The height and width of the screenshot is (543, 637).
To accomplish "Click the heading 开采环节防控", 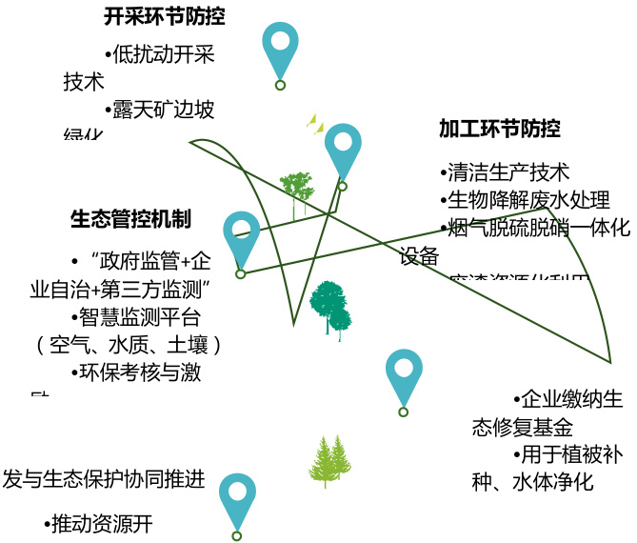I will (x=170, y=16).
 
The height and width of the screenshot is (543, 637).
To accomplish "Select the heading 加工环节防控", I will (x=500, y=129).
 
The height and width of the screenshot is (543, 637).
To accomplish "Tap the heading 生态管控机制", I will (x=130, y=219).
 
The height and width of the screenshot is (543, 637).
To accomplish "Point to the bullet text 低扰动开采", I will (x=163, y=54).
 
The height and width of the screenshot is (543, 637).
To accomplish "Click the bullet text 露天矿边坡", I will (x=163, y=110).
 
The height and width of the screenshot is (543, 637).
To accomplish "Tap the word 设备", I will (x=419, y=255).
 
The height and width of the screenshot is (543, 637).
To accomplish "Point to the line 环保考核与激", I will (x=135, y=372).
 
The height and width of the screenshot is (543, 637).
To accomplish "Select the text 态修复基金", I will (x=523, y=426).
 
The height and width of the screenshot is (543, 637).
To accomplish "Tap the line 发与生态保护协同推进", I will (x=104, y=479).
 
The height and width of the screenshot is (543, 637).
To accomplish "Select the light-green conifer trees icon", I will (x=331, y=461).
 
